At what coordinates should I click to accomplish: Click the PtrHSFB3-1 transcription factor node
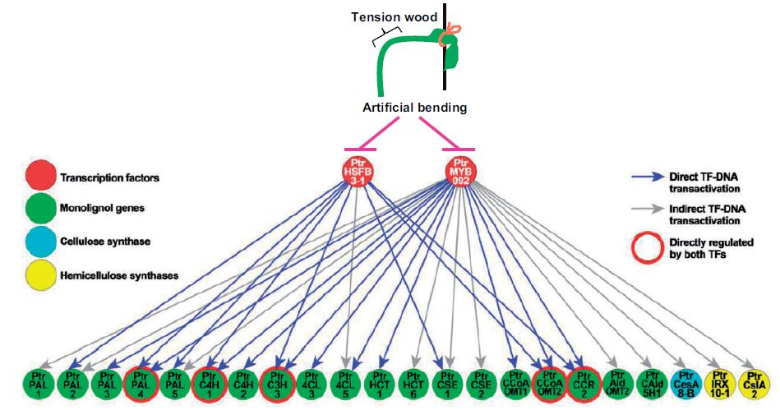click(x=358, y=171)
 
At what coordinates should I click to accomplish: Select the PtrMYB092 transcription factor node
click(x=462, y=171)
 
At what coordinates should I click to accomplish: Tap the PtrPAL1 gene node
click(x=38, y=384)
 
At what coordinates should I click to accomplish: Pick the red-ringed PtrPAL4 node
click(x=139, y=384)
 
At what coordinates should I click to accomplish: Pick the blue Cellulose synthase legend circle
click(x=38, y=242)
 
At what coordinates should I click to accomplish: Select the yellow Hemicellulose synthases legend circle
click(x=38, y=275)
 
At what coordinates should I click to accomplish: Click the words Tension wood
click(x=384, y=17)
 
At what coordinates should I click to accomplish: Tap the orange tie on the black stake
click(x=450, y=34)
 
